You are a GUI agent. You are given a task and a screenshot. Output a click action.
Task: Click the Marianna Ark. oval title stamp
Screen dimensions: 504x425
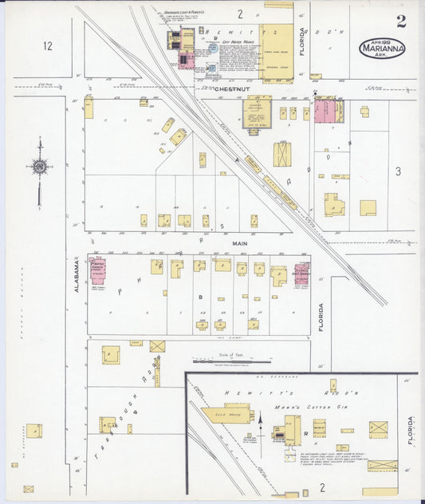coord(382,47)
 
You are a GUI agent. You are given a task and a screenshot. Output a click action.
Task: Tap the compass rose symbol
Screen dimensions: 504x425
coord(39,166)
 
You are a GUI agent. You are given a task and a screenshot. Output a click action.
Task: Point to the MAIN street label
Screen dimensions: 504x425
coord(241,242)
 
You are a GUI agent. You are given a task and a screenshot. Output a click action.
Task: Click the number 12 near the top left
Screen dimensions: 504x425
coord(47,46)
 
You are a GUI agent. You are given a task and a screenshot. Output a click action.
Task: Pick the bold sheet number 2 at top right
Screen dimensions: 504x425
coord(401,22)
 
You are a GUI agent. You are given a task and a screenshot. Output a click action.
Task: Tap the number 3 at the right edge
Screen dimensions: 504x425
coord(397,171)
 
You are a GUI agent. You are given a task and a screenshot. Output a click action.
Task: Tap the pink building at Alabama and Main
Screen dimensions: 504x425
coord(97,271)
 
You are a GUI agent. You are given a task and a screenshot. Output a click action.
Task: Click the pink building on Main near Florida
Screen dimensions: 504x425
coord(301,274)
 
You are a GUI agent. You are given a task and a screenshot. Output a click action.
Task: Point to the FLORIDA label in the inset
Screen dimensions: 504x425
coord(411,431)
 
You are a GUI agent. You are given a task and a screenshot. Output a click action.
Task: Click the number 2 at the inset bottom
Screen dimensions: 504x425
coord(323,486)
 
